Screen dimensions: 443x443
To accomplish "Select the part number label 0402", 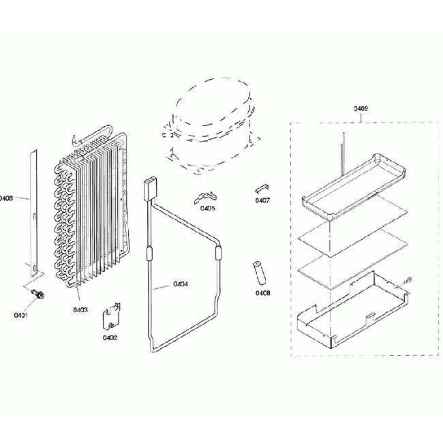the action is tap(110, 337).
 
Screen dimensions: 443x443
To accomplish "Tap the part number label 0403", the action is tap(80, 310).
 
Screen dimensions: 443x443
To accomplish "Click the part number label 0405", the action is tap(208, 208).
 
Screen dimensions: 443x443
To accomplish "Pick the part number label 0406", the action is tap(7, 198).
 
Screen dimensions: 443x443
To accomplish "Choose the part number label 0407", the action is tap(262, 200).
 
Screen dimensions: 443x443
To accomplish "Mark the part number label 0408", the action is tap(262, 293).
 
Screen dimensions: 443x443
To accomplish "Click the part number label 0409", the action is tap(361, 108).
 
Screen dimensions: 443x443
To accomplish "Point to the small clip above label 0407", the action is tap(262, 187).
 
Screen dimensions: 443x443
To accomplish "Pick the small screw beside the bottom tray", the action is tap(408, 279).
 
